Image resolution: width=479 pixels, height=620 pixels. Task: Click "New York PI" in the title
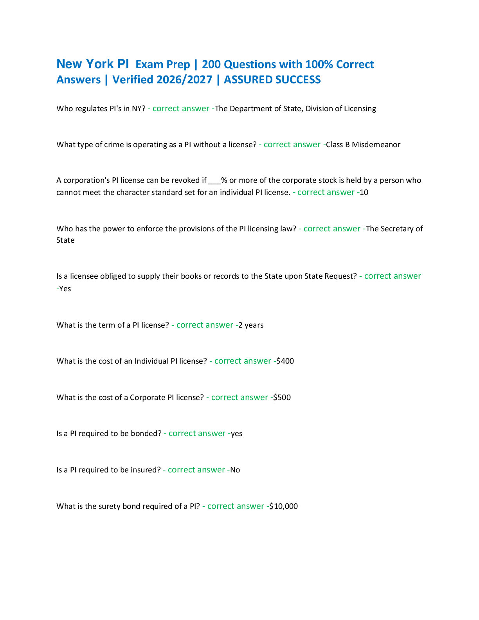[93, 64]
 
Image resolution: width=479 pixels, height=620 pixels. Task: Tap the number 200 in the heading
[211, 65]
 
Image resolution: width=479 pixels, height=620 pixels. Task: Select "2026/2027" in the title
[184, 79]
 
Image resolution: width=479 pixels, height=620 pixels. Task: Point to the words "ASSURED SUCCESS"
[272, 79]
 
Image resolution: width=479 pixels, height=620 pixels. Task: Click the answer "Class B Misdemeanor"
[363, 145]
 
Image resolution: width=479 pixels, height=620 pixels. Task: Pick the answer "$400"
[285, 361]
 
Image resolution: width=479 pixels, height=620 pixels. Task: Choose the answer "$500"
[282, 397]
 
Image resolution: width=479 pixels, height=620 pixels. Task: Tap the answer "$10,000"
[283, 506]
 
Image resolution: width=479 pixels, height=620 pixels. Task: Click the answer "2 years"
[251, 325]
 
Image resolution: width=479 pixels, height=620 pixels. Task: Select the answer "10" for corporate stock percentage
[364, 192]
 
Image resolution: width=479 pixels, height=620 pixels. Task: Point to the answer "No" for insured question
[235, 470]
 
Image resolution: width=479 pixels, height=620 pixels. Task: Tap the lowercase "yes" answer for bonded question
[236, 434]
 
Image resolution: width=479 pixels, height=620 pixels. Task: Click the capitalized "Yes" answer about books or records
[65, 289]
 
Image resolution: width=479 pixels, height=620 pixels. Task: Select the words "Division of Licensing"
[340, 109]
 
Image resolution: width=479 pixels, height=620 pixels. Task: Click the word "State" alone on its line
[65, 240]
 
